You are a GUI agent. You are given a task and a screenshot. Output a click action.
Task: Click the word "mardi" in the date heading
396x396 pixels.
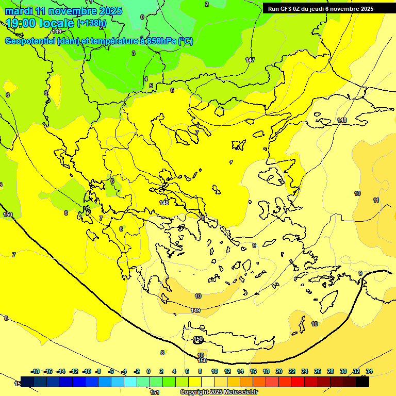[19, 11]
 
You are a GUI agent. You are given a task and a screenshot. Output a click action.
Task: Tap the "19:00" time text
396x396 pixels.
[24, 23]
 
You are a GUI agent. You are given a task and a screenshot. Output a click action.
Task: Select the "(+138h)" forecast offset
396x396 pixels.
[91, 23]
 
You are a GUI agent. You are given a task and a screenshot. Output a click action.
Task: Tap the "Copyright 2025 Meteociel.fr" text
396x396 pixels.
[219, 392]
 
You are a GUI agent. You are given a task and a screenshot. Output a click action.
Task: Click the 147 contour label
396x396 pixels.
[250, 60]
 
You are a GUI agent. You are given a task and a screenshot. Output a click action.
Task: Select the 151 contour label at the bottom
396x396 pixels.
[154, 392]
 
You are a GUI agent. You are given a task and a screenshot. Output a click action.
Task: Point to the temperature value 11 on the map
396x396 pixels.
[376, 200]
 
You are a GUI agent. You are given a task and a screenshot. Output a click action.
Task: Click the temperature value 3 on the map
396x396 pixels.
[134, 53]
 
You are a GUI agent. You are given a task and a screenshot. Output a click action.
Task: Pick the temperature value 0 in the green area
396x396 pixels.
[142, 17]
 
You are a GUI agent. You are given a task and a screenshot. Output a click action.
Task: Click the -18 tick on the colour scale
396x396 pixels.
[36, 371]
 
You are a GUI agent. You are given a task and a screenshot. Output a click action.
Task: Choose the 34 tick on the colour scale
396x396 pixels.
[369, 371]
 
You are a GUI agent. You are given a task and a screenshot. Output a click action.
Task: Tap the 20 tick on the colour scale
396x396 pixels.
[279, 371]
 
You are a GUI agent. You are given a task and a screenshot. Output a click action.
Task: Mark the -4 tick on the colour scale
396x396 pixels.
[124, 371]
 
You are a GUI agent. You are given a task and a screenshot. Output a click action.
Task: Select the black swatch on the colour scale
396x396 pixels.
[362, 382]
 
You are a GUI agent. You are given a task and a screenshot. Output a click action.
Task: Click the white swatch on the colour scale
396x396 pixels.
[207, 382]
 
